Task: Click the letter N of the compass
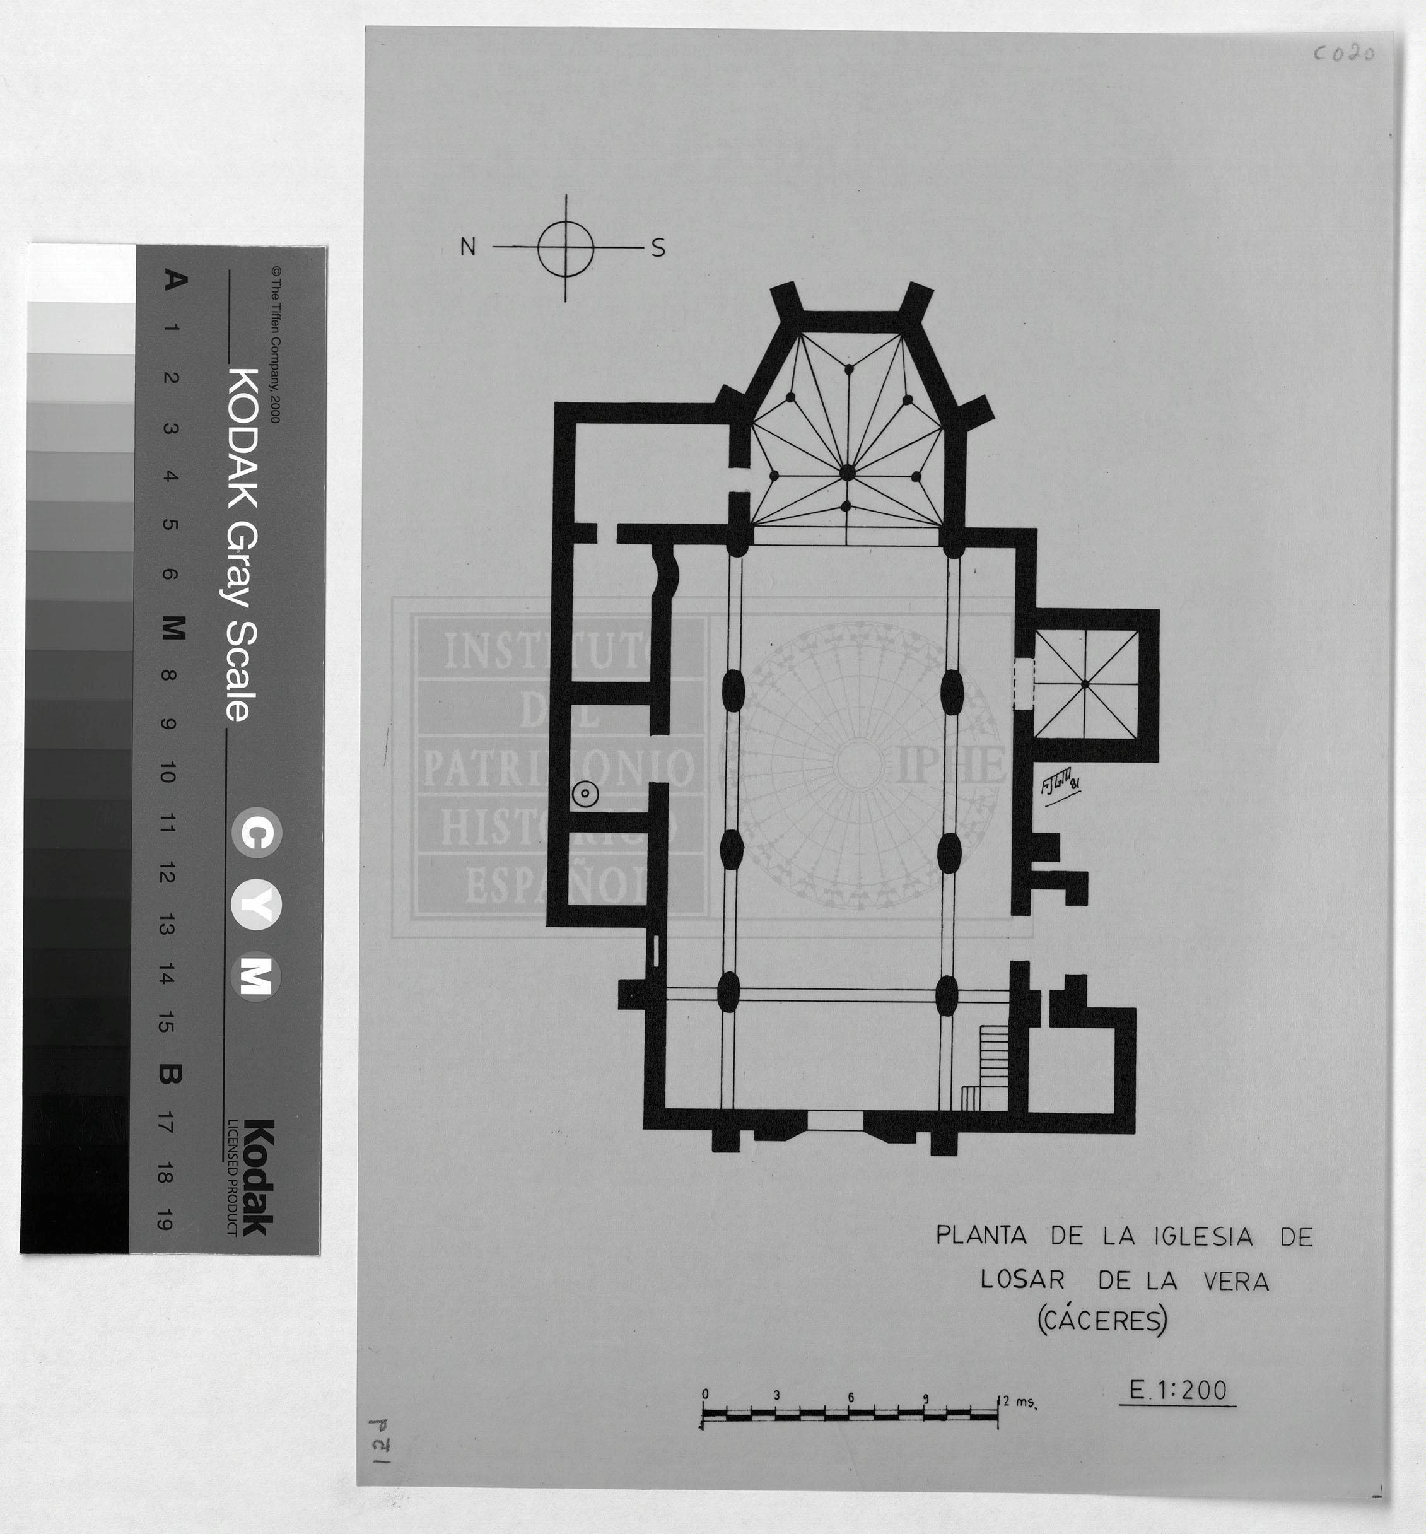tap(467, 246)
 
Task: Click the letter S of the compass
tap(657, 248)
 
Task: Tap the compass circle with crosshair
tap(566, 248)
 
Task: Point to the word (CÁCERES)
tap(1101, 1320)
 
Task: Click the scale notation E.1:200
tap(1178, 1390)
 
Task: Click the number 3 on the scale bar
tap(777, 1395)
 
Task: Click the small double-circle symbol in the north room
tap(585, 792)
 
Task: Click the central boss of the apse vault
tap(847, 473)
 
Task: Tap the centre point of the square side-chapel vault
tap(1085, 684)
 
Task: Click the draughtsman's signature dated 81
tap(1060, 788)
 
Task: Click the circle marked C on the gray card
tap(257, 833)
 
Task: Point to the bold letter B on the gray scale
tap(170, 1074)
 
